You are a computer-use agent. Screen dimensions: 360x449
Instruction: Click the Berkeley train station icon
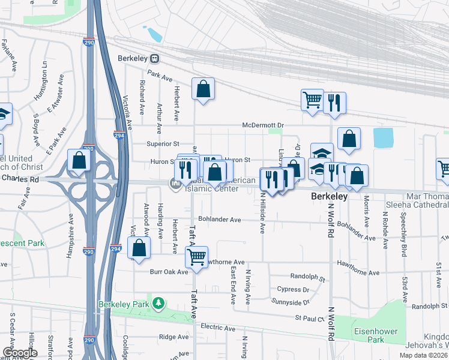coord(155,59)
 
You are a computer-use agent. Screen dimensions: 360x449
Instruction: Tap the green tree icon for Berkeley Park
coord(158,303)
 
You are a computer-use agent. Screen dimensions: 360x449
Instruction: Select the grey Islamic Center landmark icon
coord(175,185)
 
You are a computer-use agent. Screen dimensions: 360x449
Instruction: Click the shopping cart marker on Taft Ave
coord(196,257)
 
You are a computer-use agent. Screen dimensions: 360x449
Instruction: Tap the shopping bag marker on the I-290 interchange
coord(79,160)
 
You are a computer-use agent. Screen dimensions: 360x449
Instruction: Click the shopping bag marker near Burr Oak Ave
coord(139,248)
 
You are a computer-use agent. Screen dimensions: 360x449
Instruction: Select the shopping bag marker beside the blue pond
coord(349,139)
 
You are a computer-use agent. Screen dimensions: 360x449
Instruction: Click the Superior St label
coord(163,143)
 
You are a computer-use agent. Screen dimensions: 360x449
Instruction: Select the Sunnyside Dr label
coord(289,301)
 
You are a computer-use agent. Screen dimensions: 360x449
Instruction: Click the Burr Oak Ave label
coord(171,271)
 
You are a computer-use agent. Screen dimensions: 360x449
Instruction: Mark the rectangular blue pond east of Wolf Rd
coord(383,138)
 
